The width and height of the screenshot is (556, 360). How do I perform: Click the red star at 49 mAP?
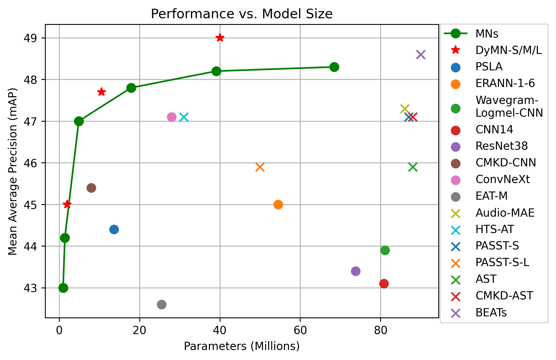220,38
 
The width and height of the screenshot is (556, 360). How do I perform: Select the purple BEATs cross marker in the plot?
420,55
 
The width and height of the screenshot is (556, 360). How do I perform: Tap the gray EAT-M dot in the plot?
162,304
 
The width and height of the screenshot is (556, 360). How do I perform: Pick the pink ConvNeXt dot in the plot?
172,117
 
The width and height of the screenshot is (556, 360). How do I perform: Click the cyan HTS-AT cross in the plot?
184,117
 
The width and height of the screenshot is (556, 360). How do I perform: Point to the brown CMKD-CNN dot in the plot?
91,188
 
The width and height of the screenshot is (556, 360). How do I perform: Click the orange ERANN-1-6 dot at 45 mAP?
278,204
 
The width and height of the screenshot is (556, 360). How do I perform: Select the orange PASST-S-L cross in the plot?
260,167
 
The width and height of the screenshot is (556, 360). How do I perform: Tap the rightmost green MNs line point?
334,67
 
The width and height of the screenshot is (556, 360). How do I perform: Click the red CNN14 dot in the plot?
384,284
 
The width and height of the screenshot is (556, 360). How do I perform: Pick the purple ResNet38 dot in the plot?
356,271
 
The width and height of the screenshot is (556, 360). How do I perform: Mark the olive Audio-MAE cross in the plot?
405,109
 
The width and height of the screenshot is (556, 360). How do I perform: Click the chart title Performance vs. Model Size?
241,14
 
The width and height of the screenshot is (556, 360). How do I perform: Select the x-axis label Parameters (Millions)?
241,346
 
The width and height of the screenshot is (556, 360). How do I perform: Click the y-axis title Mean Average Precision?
12,171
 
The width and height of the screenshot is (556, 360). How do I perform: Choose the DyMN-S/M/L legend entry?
508,50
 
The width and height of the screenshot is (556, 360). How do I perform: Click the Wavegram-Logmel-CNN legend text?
509,107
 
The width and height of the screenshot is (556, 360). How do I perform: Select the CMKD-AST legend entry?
504,296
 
